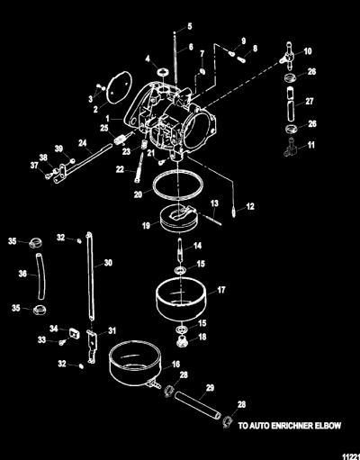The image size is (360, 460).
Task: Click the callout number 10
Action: click(x=308, y=51)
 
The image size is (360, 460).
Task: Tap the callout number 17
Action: click(x=221, y=290)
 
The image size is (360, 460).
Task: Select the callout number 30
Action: click(x=108, y=263)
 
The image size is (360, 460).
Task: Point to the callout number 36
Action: click(x=22, y=274)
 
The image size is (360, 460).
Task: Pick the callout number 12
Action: click(x=250, y=206)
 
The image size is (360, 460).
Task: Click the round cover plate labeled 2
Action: click(x=119, y=87)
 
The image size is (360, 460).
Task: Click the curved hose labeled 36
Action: click(x=41, y=276)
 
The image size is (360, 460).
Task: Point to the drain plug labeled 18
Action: click(x=182, y=341)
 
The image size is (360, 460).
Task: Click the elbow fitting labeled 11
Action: click(x=290, y=148)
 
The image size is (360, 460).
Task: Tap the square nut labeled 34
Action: click(x=75, y=333)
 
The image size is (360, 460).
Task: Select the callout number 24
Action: click(x=83, y=143)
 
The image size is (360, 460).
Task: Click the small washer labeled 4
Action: click(x=163, y=72)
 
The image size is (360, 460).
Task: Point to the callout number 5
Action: click(x=190, y=26)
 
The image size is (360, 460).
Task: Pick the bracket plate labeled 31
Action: click(x=93, y=346)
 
